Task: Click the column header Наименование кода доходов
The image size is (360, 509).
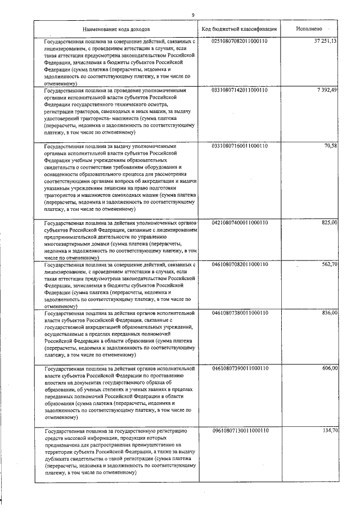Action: pyautogui.click(x=116, y=28)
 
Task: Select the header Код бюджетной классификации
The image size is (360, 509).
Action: pyautogui.click(x=239, y=28)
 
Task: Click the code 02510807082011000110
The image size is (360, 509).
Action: pyautogui.click(x=239, y=42)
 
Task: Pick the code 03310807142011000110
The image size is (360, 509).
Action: pyautogui.click(x=239, y=90)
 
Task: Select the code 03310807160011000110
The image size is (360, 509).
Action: pyautogui.click(x=239, y=146)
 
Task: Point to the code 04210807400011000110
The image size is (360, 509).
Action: pyautogui.click(x=239, y=223)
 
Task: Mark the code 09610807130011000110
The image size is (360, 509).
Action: pyautogui.click(x=239, y=431)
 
